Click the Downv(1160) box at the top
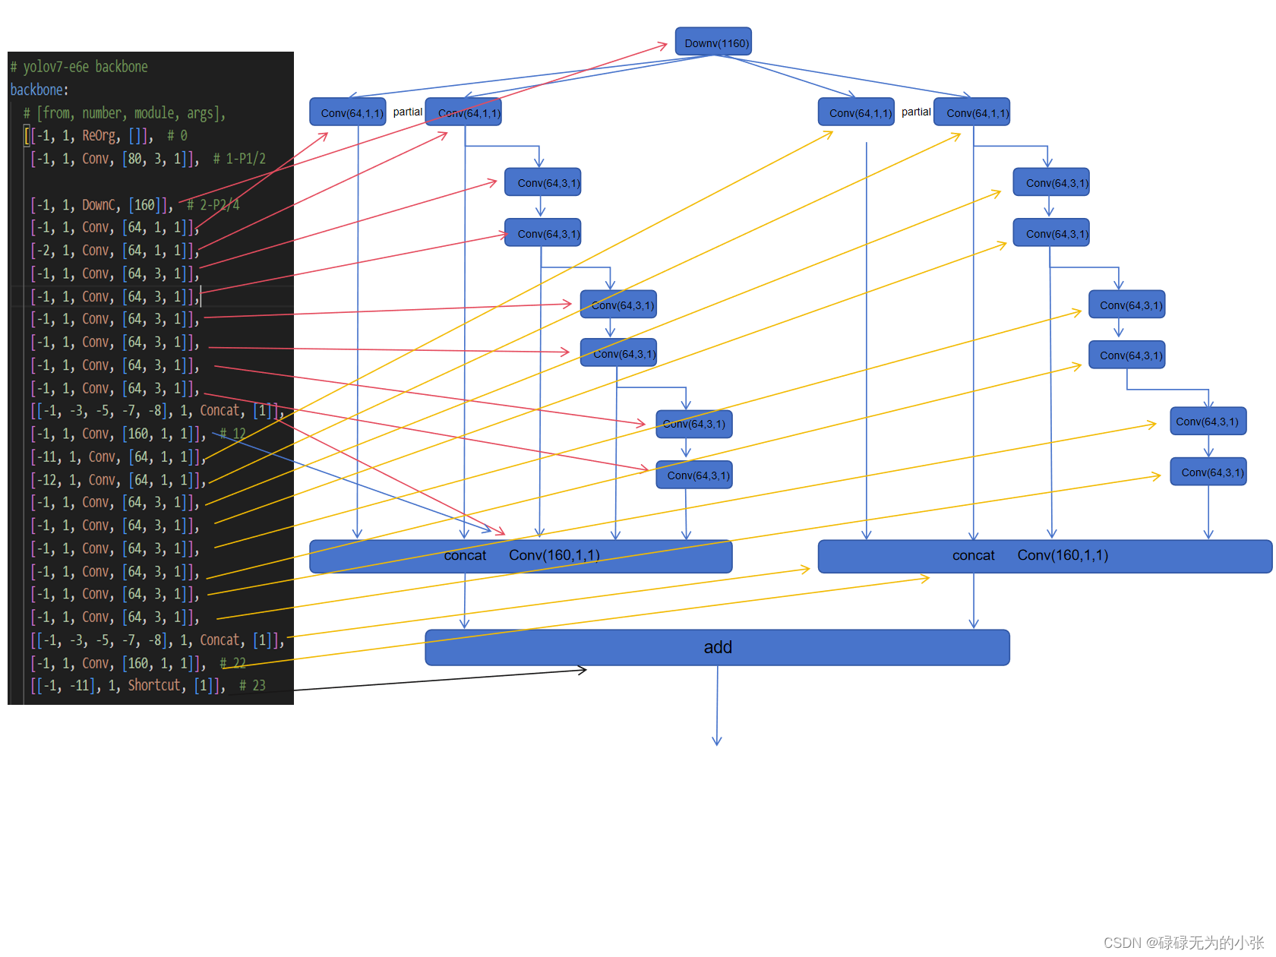point(713,43)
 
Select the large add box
point(717,647)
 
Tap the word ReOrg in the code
point(100,136)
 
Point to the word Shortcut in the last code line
point(155,685)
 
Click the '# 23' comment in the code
point(252,685)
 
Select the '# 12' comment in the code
point(233,434)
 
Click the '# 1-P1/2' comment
point(239,159)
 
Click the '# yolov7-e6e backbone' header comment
point(79,67)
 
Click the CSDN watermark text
point(1183,943)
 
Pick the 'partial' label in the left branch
point(408,112)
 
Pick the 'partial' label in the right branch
point(916,112)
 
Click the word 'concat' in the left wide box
point(465,556)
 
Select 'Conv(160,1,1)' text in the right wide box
point(1063,556)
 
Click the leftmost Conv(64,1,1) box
point(348,112)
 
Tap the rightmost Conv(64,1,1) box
point(972,112)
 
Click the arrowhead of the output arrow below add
point(717,741)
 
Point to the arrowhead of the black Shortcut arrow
point(583,670)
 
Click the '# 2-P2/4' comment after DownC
point(214,205)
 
